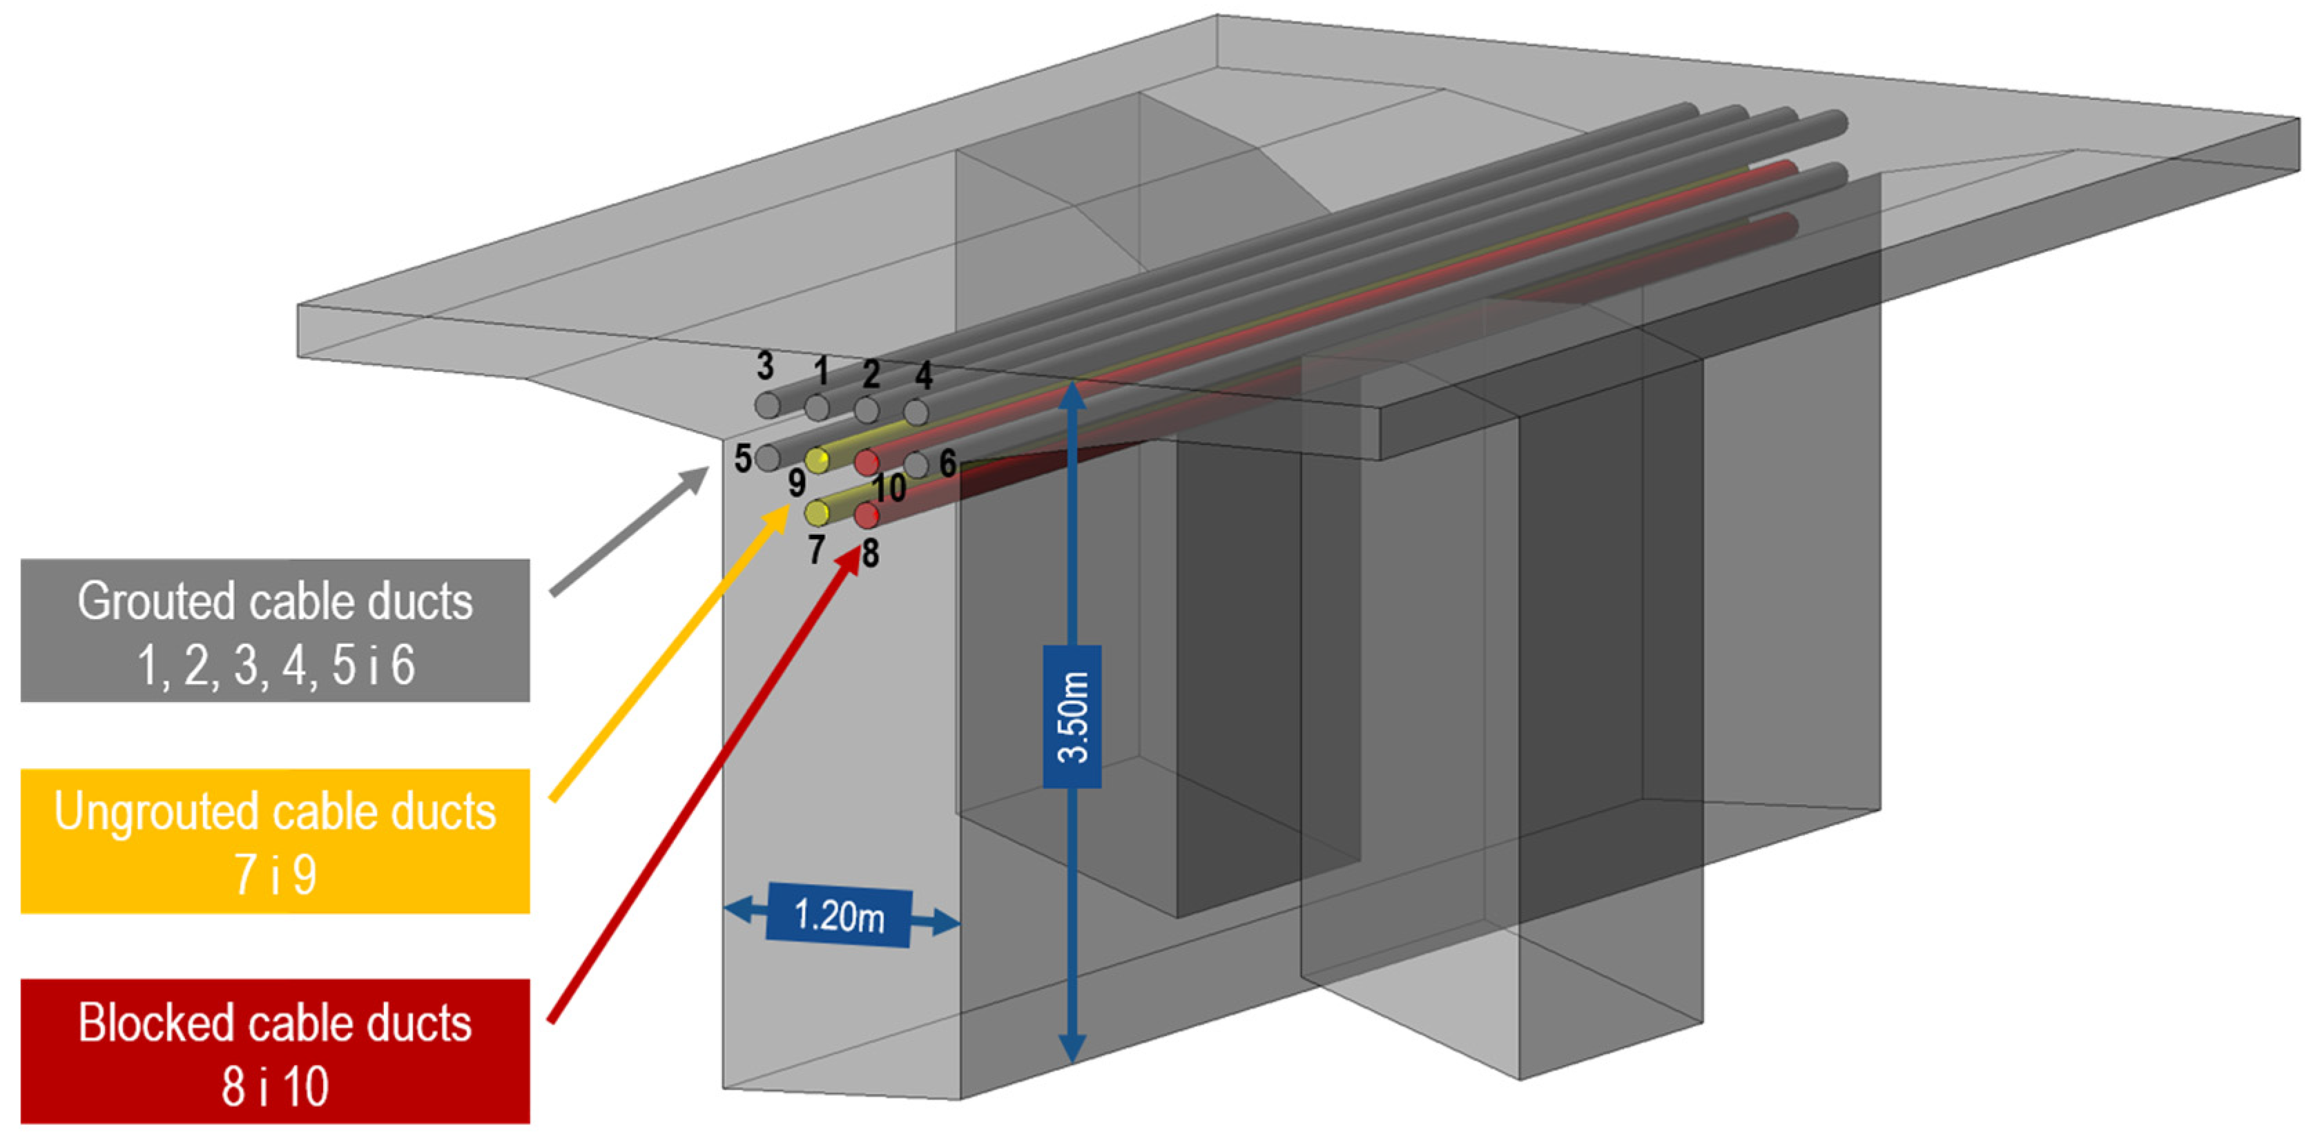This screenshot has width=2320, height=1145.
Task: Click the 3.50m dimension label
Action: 1072,716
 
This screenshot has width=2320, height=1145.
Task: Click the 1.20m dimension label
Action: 838,917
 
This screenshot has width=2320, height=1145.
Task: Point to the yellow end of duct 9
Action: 817,461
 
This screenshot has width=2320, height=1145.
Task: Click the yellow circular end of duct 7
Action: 817,513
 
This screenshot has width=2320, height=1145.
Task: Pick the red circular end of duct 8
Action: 867,516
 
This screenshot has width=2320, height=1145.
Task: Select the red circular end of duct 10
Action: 867,462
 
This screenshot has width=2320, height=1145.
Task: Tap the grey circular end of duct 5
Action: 767,458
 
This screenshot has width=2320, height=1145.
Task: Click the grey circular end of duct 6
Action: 916,464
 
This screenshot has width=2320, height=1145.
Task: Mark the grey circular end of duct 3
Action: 767,405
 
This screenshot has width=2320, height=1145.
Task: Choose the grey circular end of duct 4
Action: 916,412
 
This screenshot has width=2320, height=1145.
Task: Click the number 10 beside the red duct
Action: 889,489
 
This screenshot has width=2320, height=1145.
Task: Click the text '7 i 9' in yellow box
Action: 275,874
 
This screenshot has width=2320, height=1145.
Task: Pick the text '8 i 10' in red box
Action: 275,1086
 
